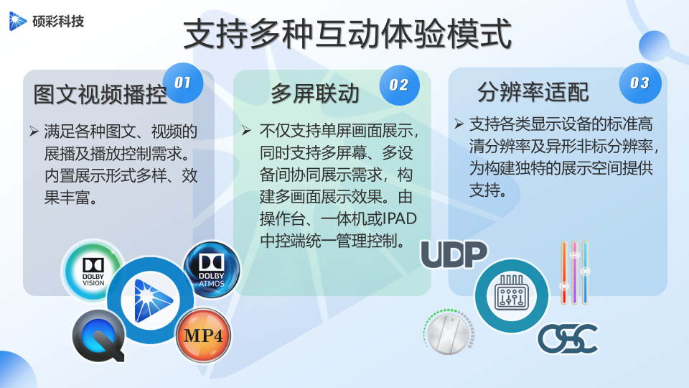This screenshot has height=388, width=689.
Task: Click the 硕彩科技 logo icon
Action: (17, 21)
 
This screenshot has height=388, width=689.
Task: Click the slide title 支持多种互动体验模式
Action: (347, 34)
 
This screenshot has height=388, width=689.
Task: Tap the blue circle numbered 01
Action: (183, 83)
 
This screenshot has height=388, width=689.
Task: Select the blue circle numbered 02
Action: (399, 85)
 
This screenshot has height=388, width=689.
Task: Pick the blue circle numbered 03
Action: (639, 83)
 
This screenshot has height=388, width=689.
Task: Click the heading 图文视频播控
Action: (100, 95)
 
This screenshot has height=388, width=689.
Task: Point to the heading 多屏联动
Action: (315, 93)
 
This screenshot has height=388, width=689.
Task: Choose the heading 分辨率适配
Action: (533, 93)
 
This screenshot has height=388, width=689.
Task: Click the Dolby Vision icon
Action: (93, 271)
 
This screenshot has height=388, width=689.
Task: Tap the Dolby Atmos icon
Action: (211, 269)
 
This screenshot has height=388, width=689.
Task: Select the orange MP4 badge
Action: (203, 336)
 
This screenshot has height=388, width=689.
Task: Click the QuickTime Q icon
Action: (99, 336)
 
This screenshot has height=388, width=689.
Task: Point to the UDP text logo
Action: (454, 254)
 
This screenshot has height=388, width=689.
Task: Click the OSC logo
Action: (568, 338)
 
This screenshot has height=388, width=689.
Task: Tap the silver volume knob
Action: (449, 332)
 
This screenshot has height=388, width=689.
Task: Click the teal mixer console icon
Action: (512, 295)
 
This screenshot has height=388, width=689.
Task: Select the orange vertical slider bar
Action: (564, 273)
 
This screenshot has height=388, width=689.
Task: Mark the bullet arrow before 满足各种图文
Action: (34, 131)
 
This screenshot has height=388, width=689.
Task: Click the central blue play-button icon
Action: (150, 300)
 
